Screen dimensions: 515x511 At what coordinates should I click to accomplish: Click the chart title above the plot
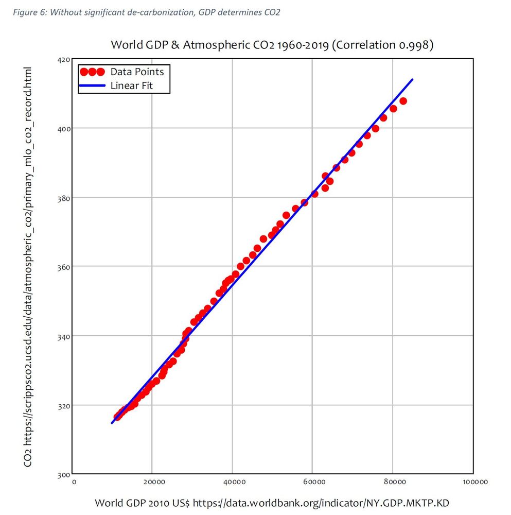tap(272, 45)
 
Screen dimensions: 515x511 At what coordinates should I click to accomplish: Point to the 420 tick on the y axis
tap(63, 60)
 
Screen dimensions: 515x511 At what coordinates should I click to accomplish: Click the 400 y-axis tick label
tap(63, 128)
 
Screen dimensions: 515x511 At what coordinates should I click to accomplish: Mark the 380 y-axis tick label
tap(63, 198)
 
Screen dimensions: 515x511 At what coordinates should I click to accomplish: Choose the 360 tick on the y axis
tap(63, 267)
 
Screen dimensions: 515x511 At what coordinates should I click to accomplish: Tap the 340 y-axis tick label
tap(63, 336)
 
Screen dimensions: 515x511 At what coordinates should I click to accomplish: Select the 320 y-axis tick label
tap(63, 405)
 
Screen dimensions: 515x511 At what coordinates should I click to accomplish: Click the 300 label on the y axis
tap(63, 474)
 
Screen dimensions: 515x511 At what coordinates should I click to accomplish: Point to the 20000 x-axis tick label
tap(153, 483)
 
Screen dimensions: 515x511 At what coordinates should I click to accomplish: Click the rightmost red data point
tap(403, 101)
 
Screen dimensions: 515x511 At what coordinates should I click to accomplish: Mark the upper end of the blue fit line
tap(413, 79)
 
